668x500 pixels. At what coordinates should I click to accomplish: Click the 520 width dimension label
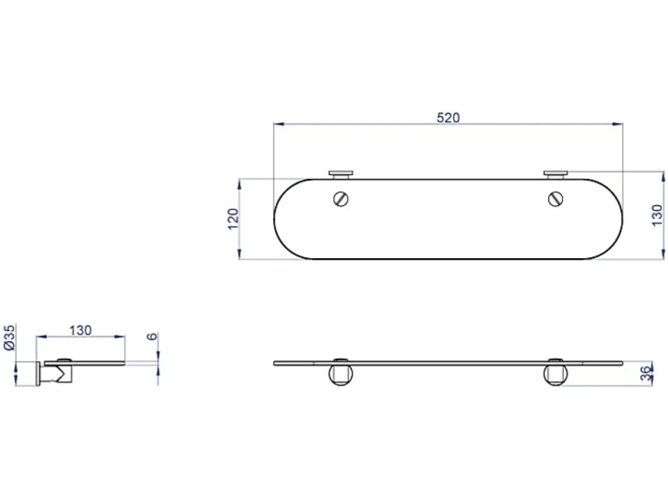coord(448,118)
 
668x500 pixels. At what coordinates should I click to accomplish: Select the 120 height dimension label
coord(233,219)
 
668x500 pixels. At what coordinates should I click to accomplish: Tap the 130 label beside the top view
coord(658,216)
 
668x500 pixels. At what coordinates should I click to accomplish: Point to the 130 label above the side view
coord(81,331)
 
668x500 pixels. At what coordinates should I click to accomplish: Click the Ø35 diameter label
coord(10,337)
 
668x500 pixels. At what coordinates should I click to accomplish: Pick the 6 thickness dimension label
coord(152,337)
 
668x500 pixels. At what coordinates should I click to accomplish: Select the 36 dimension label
coord(647,373)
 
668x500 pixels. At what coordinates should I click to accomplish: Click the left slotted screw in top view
coord(341,199)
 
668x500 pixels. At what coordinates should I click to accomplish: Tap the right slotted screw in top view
coord(556,199)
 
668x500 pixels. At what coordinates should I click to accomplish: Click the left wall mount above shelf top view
coord(341,175)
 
